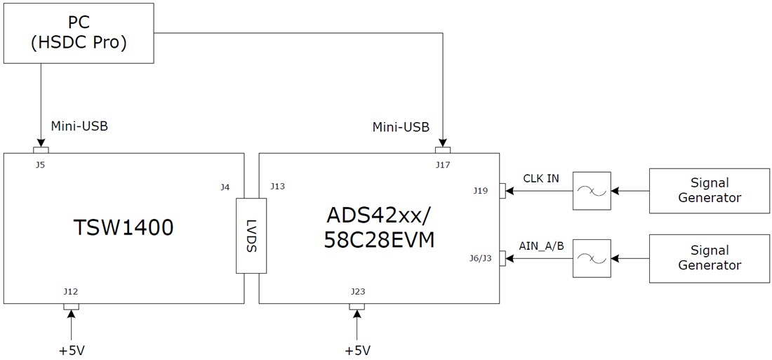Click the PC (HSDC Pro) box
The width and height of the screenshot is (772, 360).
pyautogui.click(x=79, y=33)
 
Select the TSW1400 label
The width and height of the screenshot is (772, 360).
pyautogui.click(x=124, y=227)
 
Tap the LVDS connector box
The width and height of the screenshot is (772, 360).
pyautogui.click(x=251, y=236)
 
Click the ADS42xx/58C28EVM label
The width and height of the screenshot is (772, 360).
pyautogui.click(x=379, y=227)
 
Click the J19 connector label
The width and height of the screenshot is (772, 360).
pyautogui.click(x=480, y=190)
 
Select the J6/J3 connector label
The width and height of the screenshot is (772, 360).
pyautogui.click(x=479, y=258)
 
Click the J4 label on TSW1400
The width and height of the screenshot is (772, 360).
pyautogui.click(x=225, y=187)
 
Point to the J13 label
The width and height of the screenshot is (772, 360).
pyautogui.click(x=277, y=187)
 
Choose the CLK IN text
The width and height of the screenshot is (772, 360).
pyautogui.click(x=540, y=178)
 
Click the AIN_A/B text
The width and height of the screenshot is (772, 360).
pyautogui.click(x=541, y=246)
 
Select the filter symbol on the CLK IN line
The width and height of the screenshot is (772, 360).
pyautogui.click(x=591, y=190)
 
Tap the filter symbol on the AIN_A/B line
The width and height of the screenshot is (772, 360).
pyautogui.click(x=591, y=259)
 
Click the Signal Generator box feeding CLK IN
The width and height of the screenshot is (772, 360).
pyautogui.click(x=709, y=190)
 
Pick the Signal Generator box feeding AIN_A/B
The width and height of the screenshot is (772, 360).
pyautogui.click(x=709, y=258)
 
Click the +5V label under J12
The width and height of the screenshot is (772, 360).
pyautogui.click(x=71, y=349)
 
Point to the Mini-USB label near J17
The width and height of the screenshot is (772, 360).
pyautogui.click(x=401, y=128)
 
